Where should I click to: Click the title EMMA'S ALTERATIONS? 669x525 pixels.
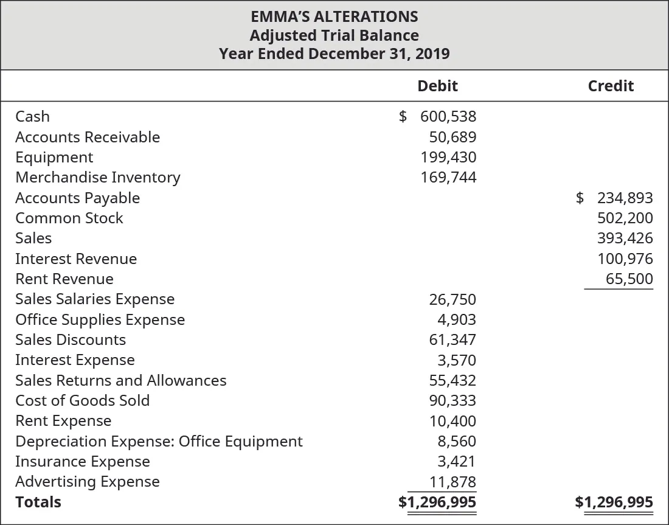tap(334, 16)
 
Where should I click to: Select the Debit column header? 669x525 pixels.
tap(437, 86)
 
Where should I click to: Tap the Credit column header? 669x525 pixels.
tap(611, 86)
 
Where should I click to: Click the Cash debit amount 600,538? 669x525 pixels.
tap(448, 116)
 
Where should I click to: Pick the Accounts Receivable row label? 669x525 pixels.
tap(88, 137)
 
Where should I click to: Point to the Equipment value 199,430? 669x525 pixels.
tap(448, 157)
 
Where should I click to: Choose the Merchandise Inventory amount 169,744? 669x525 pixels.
tap(448, 178)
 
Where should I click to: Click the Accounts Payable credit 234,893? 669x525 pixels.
tap(624, 198)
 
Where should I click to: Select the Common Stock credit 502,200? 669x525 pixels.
tap(624, 218)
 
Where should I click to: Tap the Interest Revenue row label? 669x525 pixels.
tap(76, 259)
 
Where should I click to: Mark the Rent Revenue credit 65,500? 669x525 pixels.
tap(629, 279)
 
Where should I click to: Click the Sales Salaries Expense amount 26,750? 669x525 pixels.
tap(452, 299)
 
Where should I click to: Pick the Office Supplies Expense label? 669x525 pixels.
tap(100, 319)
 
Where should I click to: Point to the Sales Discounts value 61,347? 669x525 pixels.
tap(452, 340)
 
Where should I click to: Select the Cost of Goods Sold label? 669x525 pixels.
tap(82, 400)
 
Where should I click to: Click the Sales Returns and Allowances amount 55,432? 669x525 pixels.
tap(452, 380)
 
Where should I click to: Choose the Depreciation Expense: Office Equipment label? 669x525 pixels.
tap(159, 441)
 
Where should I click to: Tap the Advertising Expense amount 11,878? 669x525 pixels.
tap(452, 482)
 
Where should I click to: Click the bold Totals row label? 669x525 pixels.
tap(38, 502)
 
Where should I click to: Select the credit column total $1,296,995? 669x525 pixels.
tap(614, 502)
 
